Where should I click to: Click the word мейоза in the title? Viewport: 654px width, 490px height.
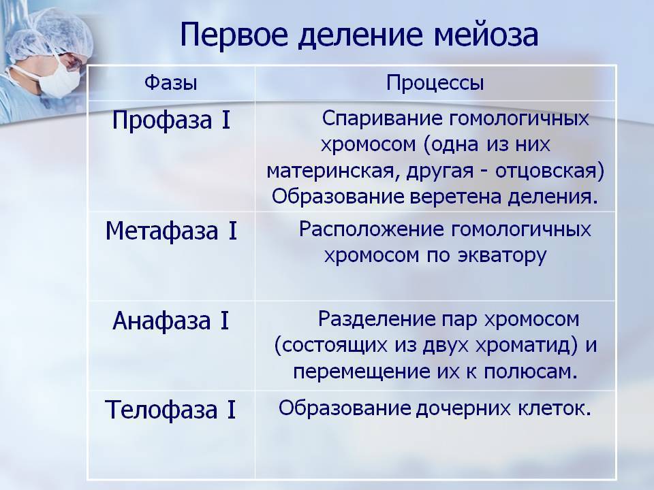pos(486,35)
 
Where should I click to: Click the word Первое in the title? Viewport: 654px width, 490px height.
pos(234,35)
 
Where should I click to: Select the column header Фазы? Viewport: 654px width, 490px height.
pos(171,82)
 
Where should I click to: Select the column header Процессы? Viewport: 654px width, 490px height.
pos(435,83)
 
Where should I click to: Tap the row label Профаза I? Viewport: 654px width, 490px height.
pos(171,120)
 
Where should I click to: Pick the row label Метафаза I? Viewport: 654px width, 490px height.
pos(171,231)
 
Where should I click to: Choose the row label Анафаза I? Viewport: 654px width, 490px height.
pos(171,321)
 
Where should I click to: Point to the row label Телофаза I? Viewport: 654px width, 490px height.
pos(170,410)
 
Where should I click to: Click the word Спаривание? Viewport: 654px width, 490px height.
pos(382,119)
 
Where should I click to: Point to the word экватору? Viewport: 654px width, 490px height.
pos(502,257)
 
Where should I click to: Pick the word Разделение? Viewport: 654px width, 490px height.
pos(377,320)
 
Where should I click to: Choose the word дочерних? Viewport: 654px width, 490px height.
pos(463,409)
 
